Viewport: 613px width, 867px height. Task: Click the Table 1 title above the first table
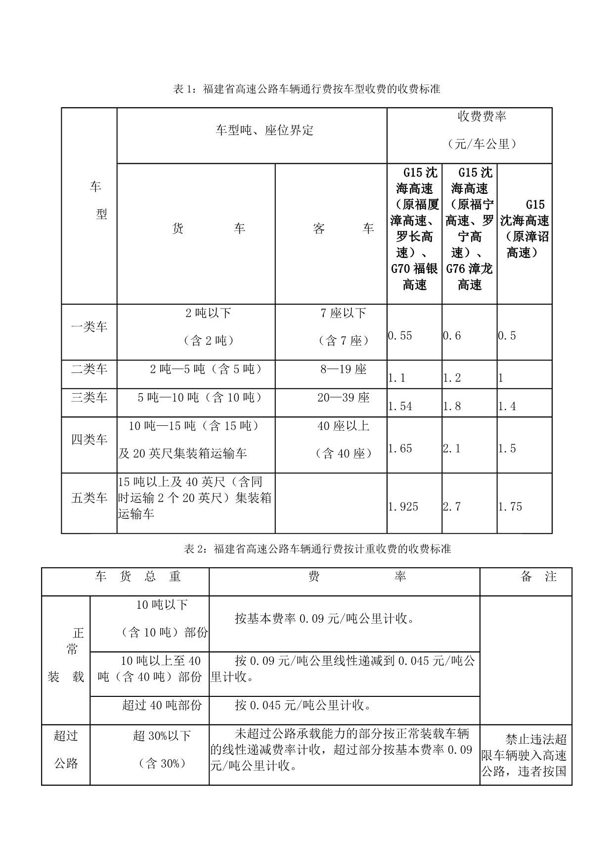(x=306, y=89)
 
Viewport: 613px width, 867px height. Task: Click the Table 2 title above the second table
(x=317, y=549)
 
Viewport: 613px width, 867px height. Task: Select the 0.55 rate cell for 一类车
(x=400, y=336)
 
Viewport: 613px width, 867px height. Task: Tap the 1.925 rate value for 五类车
(x=403, y=506)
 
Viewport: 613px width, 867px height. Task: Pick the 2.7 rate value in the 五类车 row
(x=452, y=506)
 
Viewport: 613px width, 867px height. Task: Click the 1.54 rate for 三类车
(x=400, y=406)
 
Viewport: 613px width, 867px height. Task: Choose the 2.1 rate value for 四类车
(x=452, y=449)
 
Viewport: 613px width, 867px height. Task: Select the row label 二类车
(x=89, y=369)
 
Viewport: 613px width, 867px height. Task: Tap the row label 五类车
(x=89, y=498)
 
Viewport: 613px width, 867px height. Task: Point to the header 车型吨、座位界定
(x=264, y=131)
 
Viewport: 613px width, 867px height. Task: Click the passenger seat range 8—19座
(x=343, y=369)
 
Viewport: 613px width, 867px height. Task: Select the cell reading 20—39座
(x=343, y=398)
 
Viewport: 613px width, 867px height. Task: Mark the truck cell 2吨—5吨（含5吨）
(x=206, y=369)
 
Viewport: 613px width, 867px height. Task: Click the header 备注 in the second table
(x=538, y=577)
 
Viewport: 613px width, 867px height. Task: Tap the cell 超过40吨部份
(x=162, y=705)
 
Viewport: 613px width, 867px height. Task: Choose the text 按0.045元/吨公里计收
(x=304, y=705)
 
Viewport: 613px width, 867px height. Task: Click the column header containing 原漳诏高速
(x=525, y=228)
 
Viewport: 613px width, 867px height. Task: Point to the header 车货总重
(x=138, y=577)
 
